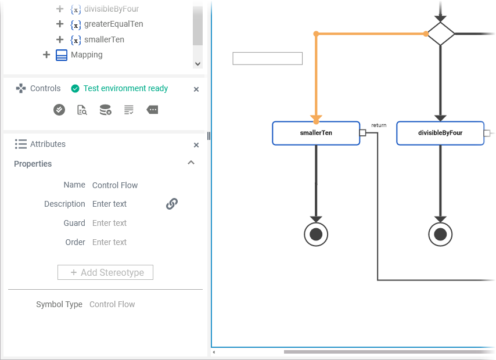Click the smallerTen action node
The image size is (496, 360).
(x=316, y=133)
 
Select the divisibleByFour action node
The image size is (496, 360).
(x=440, y=133)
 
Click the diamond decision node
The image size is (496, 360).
(x=441, y=34)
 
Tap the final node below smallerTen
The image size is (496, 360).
(x=316, y=234)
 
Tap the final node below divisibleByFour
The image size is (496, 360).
(x=440, y=234)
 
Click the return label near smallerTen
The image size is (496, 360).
(x=379, y=125)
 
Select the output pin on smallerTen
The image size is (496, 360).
(x=362, y=133)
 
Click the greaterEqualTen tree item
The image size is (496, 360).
(x=113, y=24)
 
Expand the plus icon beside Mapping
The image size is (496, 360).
(x=47, y=55)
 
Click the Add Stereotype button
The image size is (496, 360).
(x=105, y=272)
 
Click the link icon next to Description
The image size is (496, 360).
(x=172, y=204)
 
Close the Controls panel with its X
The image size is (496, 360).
(x=196, y=89)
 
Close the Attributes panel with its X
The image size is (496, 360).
(x=196, y=145)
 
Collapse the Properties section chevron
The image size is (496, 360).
(x=191, y=163)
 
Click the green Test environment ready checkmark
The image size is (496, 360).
(x=75, y=89)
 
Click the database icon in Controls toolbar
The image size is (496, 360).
(x=105, y=110)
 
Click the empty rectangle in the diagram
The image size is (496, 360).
(x=267, y=59)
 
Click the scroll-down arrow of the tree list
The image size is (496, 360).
(x=198, y=64)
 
